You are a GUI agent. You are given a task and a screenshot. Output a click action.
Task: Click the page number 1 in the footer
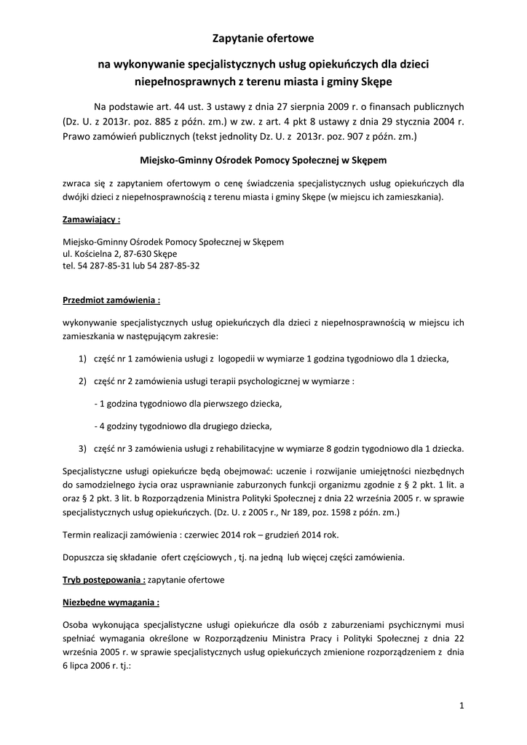pyautogui.click(x=461, y=704)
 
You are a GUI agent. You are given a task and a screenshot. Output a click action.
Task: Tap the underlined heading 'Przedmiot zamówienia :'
pyautogui.click(x=111, y=299)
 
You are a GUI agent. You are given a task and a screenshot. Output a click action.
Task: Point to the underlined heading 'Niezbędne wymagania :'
pyautogui.click(x=111, y=602)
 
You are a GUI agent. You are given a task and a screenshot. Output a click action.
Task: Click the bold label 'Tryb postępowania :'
pyautogui.click(x=104, y=580)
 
